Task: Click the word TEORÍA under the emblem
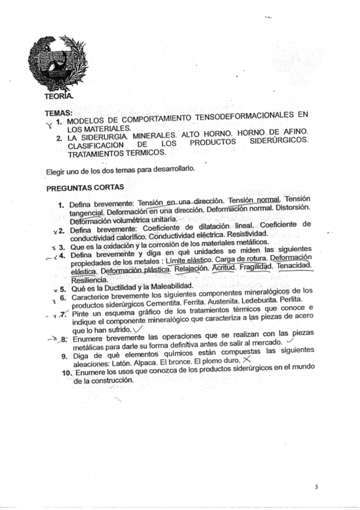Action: [x=59, y=96]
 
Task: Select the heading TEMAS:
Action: [x=59, y=112]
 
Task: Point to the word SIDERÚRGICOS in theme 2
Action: [x=281, y=140]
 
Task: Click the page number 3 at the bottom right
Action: [x=316, y=487]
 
